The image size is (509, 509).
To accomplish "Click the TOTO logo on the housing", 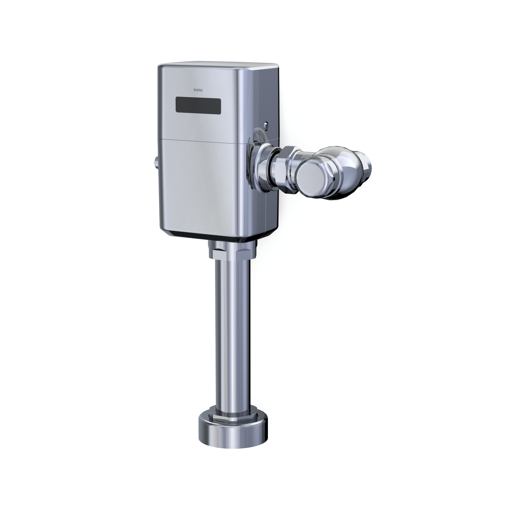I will click(x=198, y=90).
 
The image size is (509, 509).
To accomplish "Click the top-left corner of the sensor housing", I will click(x=159, y=66).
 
